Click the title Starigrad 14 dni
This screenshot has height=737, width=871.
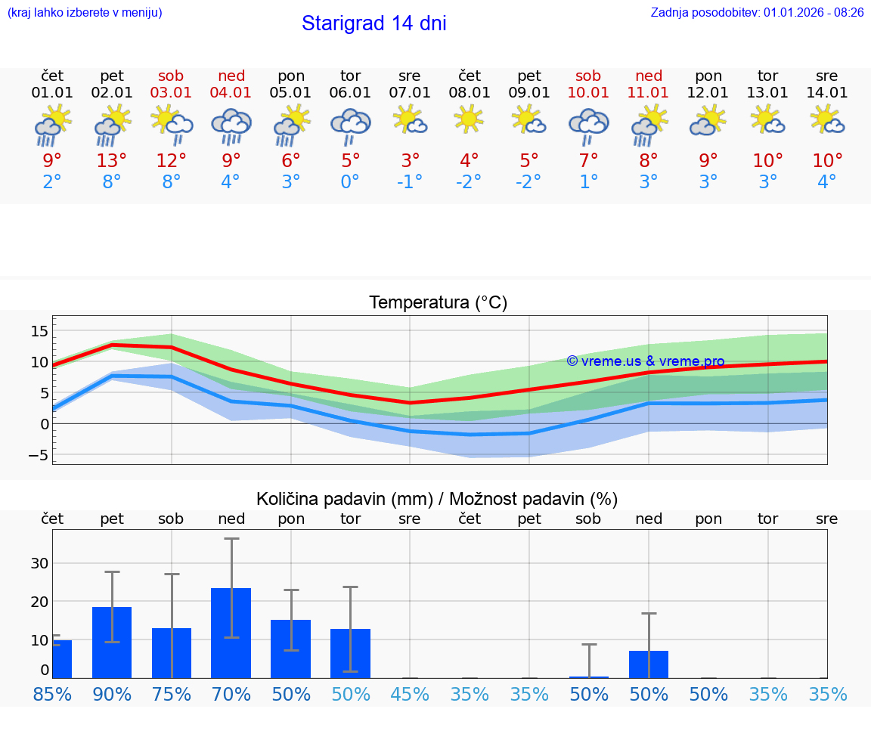374,23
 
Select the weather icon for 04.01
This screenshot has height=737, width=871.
231,125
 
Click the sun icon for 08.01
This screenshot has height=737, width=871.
470,119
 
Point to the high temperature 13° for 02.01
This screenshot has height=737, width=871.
112,161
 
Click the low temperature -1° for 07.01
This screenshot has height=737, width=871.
410,182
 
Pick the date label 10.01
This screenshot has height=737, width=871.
588,93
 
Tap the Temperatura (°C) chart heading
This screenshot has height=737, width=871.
438,303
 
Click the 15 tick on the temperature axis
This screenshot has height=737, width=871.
40,331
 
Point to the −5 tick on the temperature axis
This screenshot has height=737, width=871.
39,455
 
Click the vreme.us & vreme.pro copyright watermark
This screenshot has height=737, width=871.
646,361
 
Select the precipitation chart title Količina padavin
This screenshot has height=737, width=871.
437,499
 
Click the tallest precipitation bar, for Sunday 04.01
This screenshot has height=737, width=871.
231,633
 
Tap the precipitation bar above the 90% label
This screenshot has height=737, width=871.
112,643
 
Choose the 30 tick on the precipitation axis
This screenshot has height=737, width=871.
40,563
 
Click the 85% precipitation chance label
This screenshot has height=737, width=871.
52,695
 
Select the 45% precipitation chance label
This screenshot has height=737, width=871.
410,695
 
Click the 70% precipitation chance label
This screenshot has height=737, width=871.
231,695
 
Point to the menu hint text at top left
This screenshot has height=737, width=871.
85,13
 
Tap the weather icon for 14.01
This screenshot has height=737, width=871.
827,119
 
